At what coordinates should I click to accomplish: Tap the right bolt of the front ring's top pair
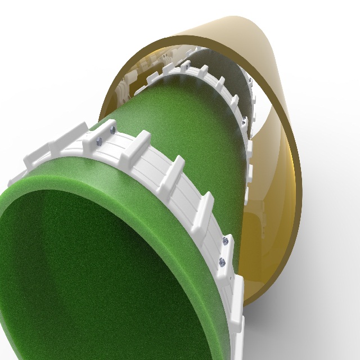[112, 129]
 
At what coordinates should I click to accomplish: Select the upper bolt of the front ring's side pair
[225, 241]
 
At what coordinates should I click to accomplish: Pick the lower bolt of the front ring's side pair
[222, 261]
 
